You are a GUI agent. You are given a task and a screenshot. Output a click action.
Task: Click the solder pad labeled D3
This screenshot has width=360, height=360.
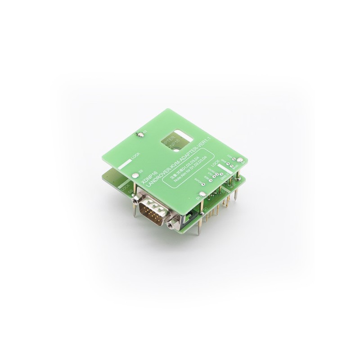tap(140, 133)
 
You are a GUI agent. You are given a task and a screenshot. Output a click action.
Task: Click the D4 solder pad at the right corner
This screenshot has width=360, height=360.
tap(241, 159)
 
